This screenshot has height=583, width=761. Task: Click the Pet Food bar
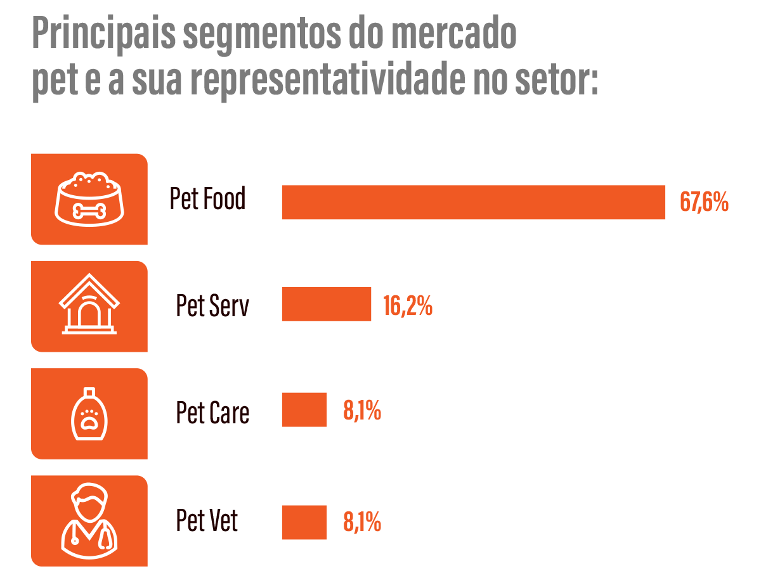coord(473,202)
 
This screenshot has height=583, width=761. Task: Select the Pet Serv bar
coord(326,304)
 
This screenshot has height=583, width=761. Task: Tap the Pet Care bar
coord(304,410)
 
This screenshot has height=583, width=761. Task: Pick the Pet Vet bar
coord(304,522)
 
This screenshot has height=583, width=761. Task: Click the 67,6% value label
coord(704,202)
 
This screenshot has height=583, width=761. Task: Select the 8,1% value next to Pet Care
coord(362,411)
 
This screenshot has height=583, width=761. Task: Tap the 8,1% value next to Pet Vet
coord(362,523)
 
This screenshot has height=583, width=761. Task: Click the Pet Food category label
coord(207,200)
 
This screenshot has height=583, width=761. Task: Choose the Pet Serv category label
coord(212,306)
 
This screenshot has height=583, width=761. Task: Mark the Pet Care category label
coord(212,413)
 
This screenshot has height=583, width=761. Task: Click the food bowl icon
coord(89,199)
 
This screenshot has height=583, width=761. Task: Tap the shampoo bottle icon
coord(89,413)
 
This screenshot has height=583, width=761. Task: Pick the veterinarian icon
coord(89,520)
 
